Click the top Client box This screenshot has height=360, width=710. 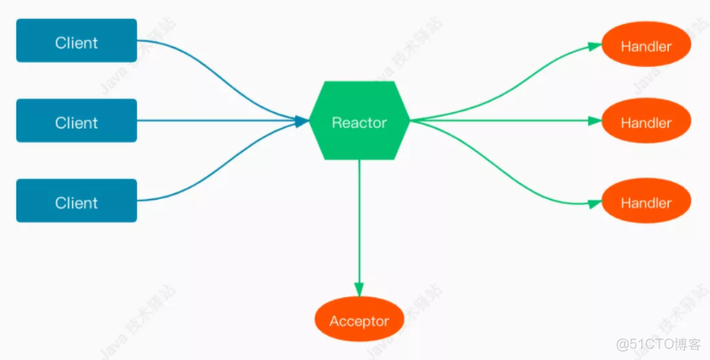point(76,41)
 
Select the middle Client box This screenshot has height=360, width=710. point(76,121)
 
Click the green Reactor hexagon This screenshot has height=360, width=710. point(359,121)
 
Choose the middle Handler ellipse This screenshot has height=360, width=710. point(646,122)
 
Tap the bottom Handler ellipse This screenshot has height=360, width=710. point(646,202)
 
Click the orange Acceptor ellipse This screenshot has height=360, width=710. point(359,320)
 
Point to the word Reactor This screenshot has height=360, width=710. point(359,123)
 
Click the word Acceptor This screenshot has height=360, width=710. point(359,321)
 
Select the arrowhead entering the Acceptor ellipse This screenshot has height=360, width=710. point(359,290)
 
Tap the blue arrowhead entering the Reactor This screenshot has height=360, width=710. point(302,121)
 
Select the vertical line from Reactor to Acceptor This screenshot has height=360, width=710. point(359,223)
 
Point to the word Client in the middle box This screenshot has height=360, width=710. point(76,123)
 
